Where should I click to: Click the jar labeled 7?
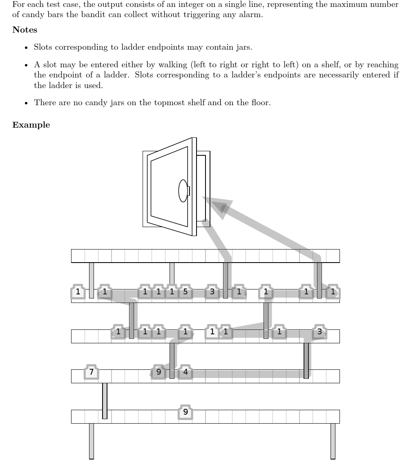[92, 372]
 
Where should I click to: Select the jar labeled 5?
[185, 292]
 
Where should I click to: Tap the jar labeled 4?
[185, 372]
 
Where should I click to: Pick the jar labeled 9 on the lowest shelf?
[185, 412]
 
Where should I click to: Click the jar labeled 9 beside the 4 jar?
[159, 372]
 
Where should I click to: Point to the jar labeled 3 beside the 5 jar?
[212, 292]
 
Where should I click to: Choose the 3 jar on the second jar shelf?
[319, 332]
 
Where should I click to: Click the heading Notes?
[25, 30]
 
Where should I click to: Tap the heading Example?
[31, 125]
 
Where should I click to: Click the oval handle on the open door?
[183, 191]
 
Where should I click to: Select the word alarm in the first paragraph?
[251, 15]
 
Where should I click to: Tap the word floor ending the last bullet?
[261, 103]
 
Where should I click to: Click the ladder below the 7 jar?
[105, 401]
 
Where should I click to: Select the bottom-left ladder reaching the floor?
[92, 441]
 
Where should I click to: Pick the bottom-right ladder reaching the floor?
[333, 441]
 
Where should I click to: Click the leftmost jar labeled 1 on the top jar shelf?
[78, 292]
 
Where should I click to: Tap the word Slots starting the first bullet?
[43, 47]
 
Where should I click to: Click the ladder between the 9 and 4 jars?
[172, 360]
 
